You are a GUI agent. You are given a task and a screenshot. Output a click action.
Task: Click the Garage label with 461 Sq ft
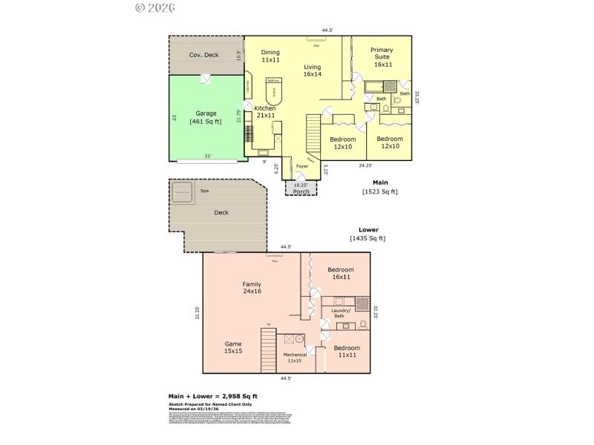206,117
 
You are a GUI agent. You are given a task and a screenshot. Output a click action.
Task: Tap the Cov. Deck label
203,55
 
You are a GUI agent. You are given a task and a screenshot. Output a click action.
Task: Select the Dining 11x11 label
270,56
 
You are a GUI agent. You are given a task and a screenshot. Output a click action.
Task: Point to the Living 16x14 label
312,70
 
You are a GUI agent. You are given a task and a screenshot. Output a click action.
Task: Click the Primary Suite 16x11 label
383,58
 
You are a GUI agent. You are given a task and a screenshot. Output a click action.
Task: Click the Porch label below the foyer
301,191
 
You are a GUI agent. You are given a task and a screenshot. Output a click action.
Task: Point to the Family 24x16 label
251,288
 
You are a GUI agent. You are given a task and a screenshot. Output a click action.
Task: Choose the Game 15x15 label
233,347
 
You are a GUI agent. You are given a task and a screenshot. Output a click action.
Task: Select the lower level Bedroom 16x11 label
340,273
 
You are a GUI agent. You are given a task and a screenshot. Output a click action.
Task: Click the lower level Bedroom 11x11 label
346,352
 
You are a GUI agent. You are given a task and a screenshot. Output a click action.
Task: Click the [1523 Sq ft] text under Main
379,191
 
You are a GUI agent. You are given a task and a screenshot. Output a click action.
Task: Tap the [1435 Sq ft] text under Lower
367,238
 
